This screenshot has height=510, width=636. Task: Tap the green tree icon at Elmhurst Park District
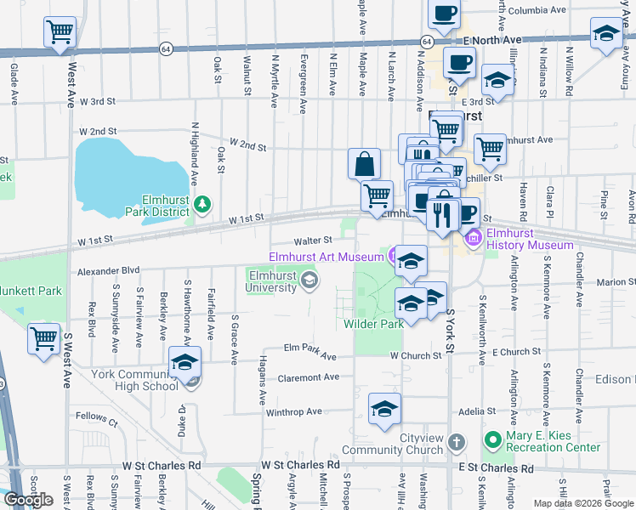(202, 204)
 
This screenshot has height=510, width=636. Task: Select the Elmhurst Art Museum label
(326, 257)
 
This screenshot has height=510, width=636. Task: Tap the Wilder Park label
(373, 324)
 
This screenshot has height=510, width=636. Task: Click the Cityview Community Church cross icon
(457, 442)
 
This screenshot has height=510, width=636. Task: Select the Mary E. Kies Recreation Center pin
(491, 440)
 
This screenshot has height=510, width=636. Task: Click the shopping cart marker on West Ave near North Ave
(60, 33)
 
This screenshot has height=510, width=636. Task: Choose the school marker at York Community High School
(185, 362)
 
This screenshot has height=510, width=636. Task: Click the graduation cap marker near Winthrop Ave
(384, 408)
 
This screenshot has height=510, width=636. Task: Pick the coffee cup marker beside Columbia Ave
(445, 14)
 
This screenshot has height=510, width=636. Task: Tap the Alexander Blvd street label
(108, 271)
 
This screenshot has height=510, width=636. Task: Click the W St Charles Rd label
(161, 466)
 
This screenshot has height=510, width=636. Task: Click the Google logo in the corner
(29, 500)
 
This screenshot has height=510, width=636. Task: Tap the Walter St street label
(312, 241)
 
